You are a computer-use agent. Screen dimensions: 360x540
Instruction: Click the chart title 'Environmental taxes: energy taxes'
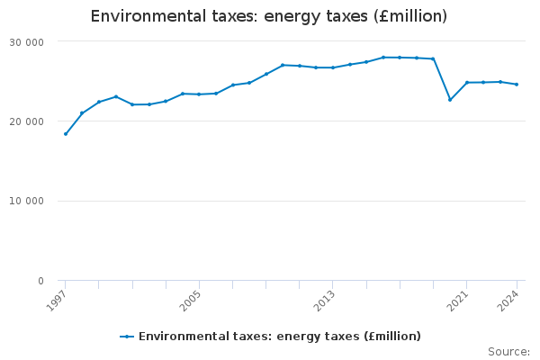(x=269, y=17)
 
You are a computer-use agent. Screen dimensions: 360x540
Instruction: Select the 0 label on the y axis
(x=40, y=282)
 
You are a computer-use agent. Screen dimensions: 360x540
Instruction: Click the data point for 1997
(x=66, y=134)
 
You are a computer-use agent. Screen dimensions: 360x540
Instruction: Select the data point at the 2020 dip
(x=450, y=99)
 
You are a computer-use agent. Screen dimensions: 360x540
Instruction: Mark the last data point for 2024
(x=517, y=85)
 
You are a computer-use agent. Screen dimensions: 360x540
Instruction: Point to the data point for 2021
(x=467, y=83)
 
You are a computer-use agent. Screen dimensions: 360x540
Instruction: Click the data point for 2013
(x=333, y=67)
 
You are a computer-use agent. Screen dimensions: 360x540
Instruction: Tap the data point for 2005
(x=199, y=94)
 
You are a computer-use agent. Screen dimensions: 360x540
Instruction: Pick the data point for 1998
(x=82, y=113)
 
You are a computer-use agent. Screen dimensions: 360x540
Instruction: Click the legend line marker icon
(x=127, y=337)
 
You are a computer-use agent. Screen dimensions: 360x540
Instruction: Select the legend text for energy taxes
(x=279, y=337)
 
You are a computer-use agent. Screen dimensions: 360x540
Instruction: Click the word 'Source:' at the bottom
(x=508, y=351)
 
